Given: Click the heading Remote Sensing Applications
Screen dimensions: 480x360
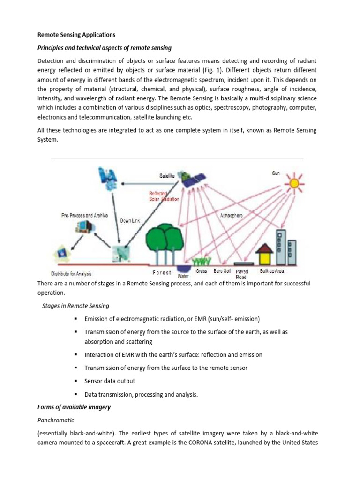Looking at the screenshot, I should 76,35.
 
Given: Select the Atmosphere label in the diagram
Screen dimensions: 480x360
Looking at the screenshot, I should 232,216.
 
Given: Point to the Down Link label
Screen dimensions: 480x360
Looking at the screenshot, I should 132,220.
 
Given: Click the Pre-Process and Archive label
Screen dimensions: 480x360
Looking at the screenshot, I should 85,216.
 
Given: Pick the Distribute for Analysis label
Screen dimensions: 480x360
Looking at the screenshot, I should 71,273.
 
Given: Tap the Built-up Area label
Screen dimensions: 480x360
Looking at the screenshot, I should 272,271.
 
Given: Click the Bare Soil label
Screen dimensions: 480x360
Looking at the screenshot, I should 222,271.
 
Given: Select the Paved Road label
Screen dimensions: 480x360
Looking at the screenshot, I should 242,274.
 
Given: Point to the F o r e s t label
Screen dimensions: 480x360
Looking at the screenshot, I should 162,272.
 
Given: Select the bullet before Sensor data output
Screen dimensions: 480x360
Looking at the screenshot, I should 75,381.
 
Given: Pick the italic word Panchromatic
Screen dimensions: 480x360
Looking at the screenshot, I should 55,420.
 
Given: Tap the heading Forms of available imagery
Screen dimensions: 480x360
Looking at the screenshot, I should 74,407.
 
